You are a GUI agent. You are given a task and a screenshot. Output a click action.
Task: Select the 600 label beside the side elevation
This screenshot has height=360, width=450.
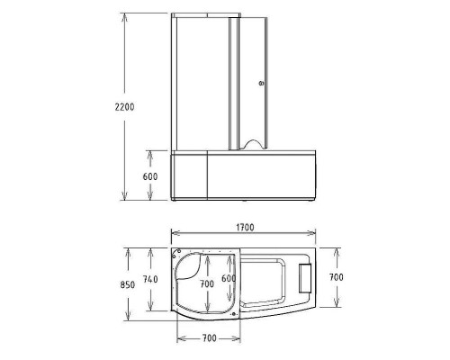[149, 176]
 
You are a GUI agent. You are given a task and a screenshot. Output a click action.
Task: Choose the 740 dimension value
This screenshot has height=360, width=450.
[150, 280]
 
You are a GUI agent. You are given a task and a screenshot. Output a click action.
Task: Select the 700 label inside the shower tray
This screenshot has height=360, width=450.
[206, 283]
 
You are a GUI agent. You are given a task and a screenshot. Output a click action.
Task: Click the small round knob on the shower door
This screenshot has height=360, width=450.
[260, 83]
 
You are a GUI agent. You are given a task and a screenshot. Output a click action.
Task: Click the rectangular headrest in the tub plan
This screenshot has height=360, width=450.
[304, 280]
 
